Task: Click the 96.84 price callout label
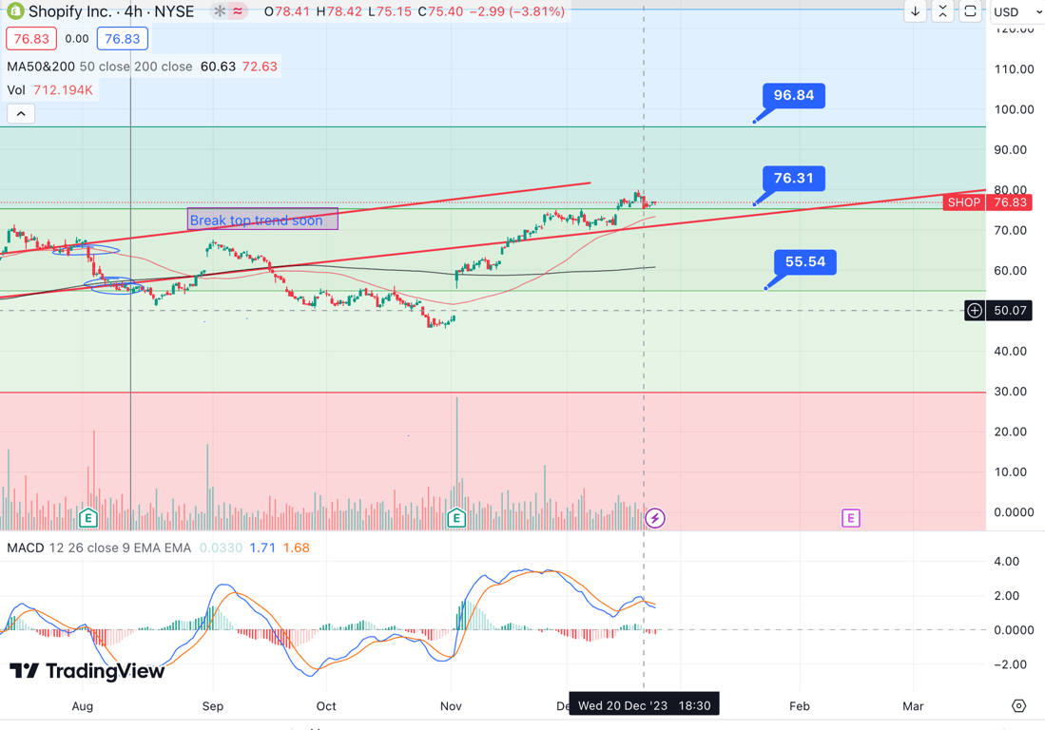pos(793,96)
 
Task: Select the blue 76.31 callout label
pos(793,179)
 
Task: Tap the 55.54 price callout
pos(804,262)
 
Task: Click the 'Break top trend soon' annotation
pos(261,220)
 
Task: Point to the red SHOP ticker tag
pos(963,202)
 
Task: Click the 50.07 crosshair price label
pos(1009,311)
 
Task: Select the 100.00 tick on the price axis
pos(1013,109)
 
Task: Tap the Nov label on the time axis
pos(451,706)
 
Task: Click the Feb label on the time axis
pos(800,706)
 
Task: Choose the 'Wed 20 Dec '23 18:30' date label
pos(644,705)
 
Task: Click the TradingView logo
pos(87,671)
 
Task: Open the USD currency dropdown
pos(1016,11)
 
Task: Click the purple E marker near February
pos(850,518)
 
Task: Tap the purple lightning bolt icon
pos(655,518)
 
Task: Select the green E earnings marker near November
pos(456,518)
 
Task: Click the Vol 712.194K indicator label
pos(49,90)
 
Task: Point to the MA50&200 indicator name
pos(40,67)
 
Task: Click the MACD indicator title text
pos(26,547)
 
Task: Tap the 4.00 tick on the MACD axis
pos(1014,562)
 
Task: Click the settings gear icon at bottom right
pos(1018,706)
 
